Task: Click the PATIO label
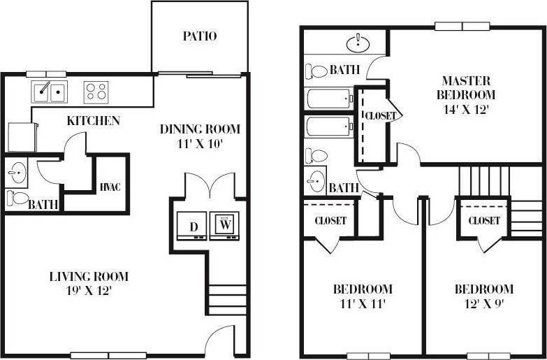pos(200,36)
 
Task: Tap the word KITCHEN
pos(93,121)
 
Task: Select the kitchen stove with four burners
pos(96,92)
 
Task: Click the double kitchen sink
pos(48,92)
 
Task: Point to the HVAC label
pos(110,187)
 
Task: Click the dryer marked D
pos(193,226)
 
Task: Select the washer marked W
pos(224,225)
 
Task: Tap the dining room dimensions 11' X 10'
pos(200,144)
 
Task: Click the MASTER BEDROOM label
pos(466,87)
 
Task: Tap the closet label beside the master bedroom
pos(380,115)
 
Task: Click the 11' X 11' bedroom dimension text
pos(362,303)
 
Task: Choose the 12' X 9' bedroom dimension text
pos(483,303)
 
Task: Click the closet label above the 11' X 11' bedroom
pos(330,220)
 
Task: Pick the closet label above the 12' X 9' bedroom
pos(484,220)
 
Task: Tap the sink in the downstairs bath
pos(16,171)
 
